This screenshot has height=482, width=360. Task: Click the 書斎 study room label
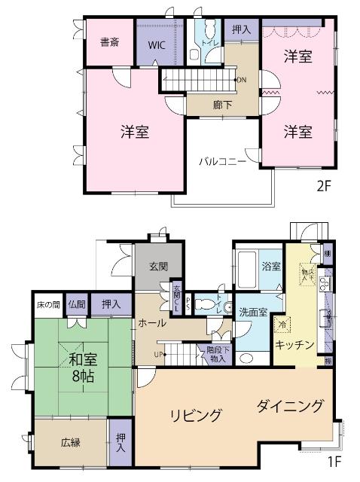pyautogui.click(x=110, y=43)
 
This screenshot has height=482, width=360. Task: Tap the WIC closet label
pyautogui.click(x=157, y=44)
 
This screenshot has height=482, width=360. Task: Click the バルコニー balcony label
pyautogui.click(x=223, y=160)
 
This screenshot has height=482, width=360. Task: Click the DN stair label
pyautogui.click(x=241, y=80)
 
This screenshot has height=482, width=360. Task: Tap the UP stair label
pyautogui.click(x=160, y=353)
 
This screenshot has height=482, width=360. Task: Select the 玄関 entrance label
pyautogui.click(x=158, y=267)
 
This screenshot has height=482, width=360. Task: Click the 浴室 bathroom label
pyautogui.click(x=270, y=267)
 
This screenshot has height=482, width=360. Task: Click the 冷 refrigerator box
pyautogui.click(x=282, y=325)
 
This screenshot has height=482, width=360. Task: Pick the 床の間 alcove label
pyautogui.click(x=47, y=305)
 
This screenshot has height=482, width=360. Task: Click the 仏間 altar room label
pyautogui.click(x=77, y=305)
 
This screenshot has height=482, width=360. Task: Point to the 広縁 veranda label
pyautogui.click(x=71, y=442)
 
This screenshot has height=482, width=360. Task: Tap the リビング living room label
pyautogui.click(x=196, y=415)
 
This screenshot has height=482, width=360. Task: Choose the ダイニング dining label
pyautogui.click(x=290, y=407)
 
